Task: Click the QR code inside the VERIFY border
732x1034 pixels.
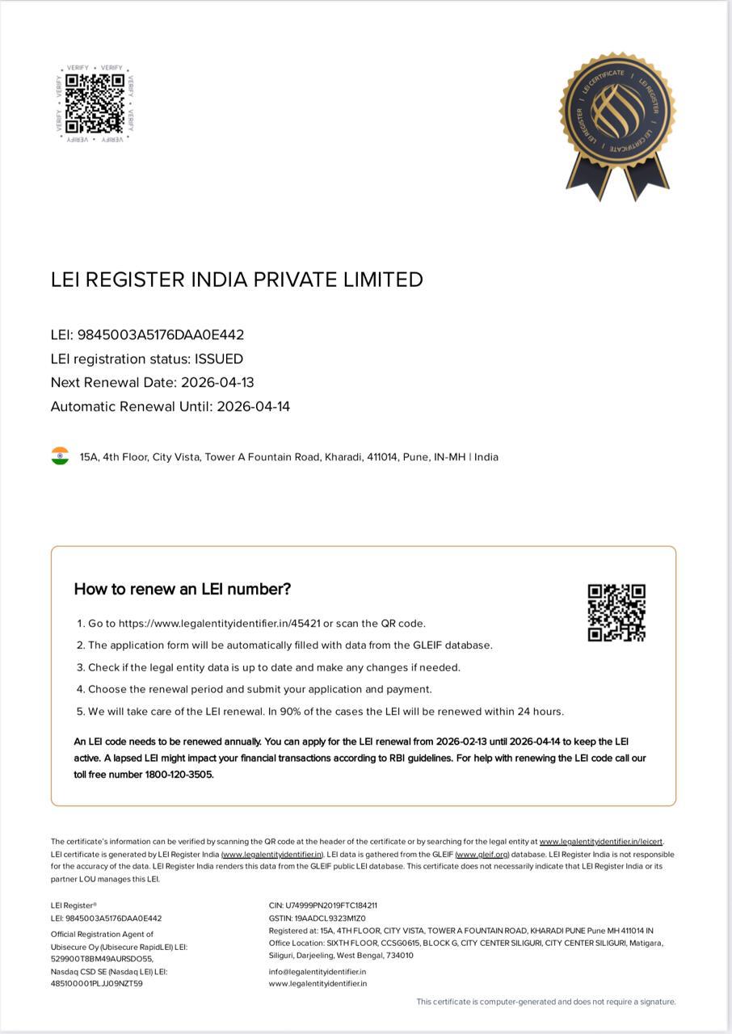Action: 95,103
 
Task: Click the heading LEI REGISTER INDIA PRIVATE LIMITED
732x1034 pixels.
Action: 237,280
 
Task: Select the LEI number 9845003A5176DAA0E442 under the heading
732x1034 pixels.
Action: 161,334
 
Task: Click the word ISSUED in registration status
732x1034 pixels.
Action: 219,359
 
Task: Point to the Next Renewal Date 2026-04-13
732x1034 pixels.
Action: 217,382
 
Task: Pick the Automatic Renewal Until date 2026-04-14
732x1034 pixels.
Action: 253,406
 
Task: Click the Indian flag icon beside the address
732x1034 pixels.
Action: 60,456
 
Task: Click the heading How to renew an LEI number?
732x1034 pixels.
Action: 183,589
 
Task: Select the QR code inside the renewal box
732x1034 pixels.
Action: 616,613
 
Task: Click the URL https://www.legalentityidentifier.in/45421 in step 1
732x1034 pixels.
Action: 219,624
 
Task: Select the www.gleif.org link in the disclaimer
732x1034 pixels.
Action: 482,855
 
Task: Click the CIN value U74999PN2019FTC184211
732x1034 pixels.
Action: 331,906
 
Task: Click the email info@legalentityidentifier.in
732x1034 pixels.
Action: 318,972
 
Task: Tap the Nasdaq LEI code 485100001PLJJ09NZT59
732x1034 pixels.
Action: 97,984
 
